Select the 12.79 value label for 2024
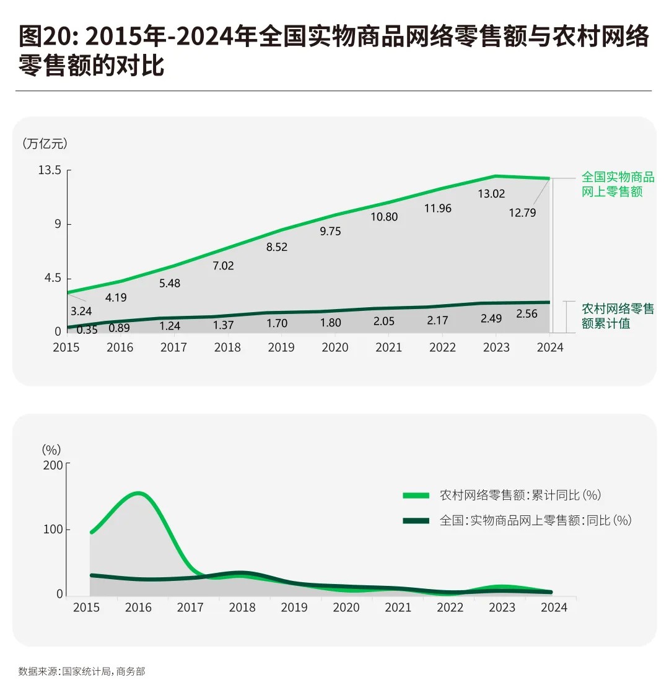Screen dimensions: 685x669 tap(522, 212)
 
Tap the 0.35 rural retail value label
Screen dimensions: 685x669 tap(87, 330)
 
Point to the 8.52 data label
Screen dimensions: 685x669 tap(277, 247)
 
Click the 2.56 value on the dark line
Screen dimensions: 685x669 tap(527, 313)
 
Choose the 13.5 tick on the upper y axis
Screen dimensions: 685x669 tap(50, 170)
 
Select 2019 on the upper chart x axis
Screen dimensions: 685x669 tap(281, 347)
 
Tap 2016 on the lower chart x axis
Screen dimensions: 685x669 tap(138, 608)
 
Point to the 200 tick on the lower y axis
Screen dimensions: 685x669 tap(53, 465)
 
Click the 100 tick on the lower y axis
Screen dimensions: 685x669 tap(53, 530)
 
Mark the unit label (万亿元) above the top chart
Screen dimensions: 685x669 tap(45, 144)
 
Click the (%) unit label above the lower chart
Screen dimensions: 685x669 tap(51, 449)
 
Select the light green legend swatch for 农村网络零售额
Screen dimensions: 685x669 tap(416, 495)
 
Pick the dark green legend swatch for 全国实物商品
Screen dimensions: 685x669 tap(416, 520)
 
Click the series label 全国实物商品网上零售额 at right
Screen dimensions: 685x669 tap(617, 185)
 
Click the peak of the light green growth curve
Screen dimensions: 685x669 tap(138, 494)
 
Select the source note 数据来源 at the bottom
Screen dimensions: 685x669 tap(81, 671)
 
